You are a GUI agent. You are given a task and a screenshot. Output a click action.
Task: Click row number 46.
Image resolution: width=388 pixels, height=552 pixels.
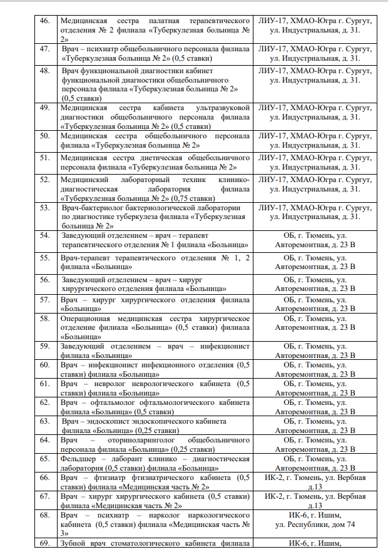coord(44,21)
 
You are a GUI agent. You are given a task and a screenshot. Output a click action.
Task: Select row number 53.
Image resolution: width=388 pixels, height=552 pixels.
coord(44,207)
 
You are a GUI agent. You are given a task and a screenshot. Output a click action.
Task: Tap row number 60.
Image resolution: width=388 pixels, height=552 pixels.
coord(44,365)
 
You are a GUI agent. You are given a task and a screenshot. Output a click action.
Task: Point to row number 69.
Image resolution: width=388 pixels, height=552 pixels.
coord(44,543)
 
